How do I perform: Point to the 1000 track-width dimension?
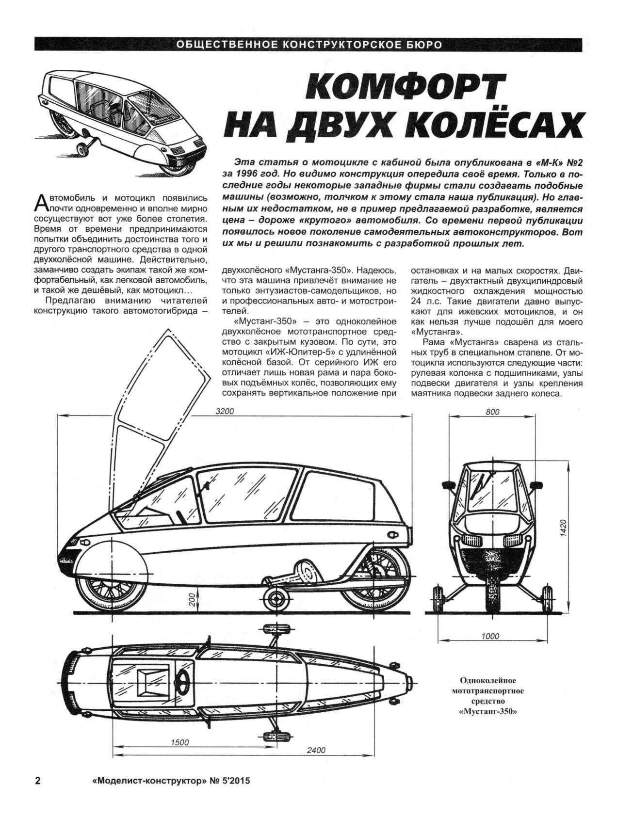490,636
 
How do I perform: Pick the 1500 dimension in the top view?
179,742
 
